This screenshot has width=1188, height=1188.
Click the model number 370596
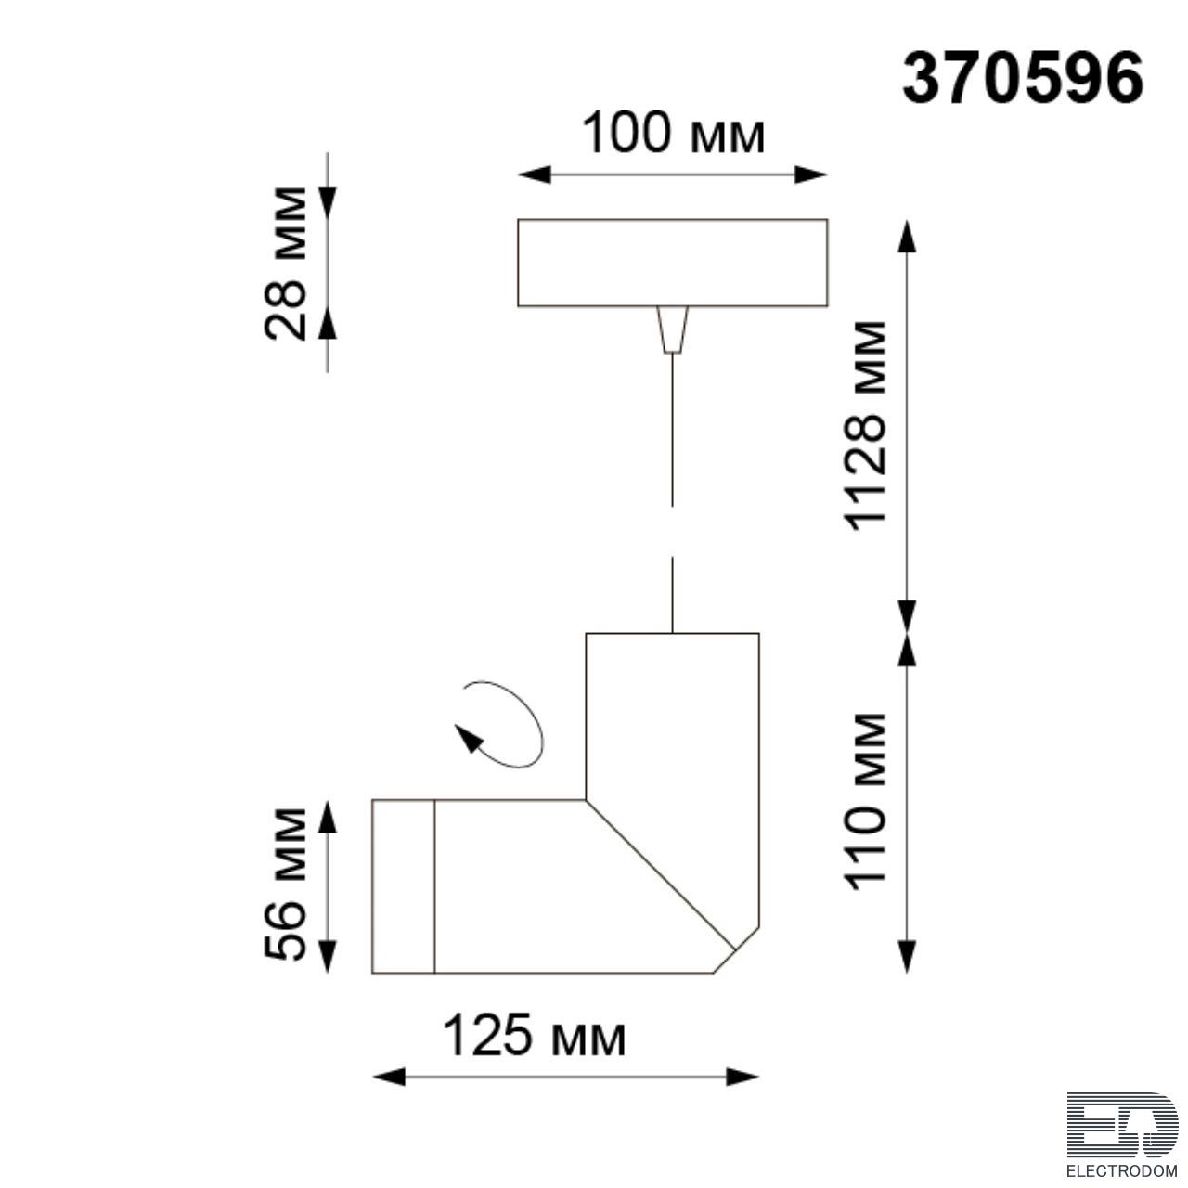(1023, 81)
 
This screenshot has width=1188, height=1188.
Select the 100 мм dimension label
(673, 133)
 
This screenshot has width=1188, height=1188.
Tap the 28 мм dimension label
(285, 264)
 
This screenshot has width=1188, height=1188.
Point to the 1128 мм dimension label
(865, 426)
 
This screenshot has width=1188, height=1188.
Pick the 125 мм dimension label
(535, 1036)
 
